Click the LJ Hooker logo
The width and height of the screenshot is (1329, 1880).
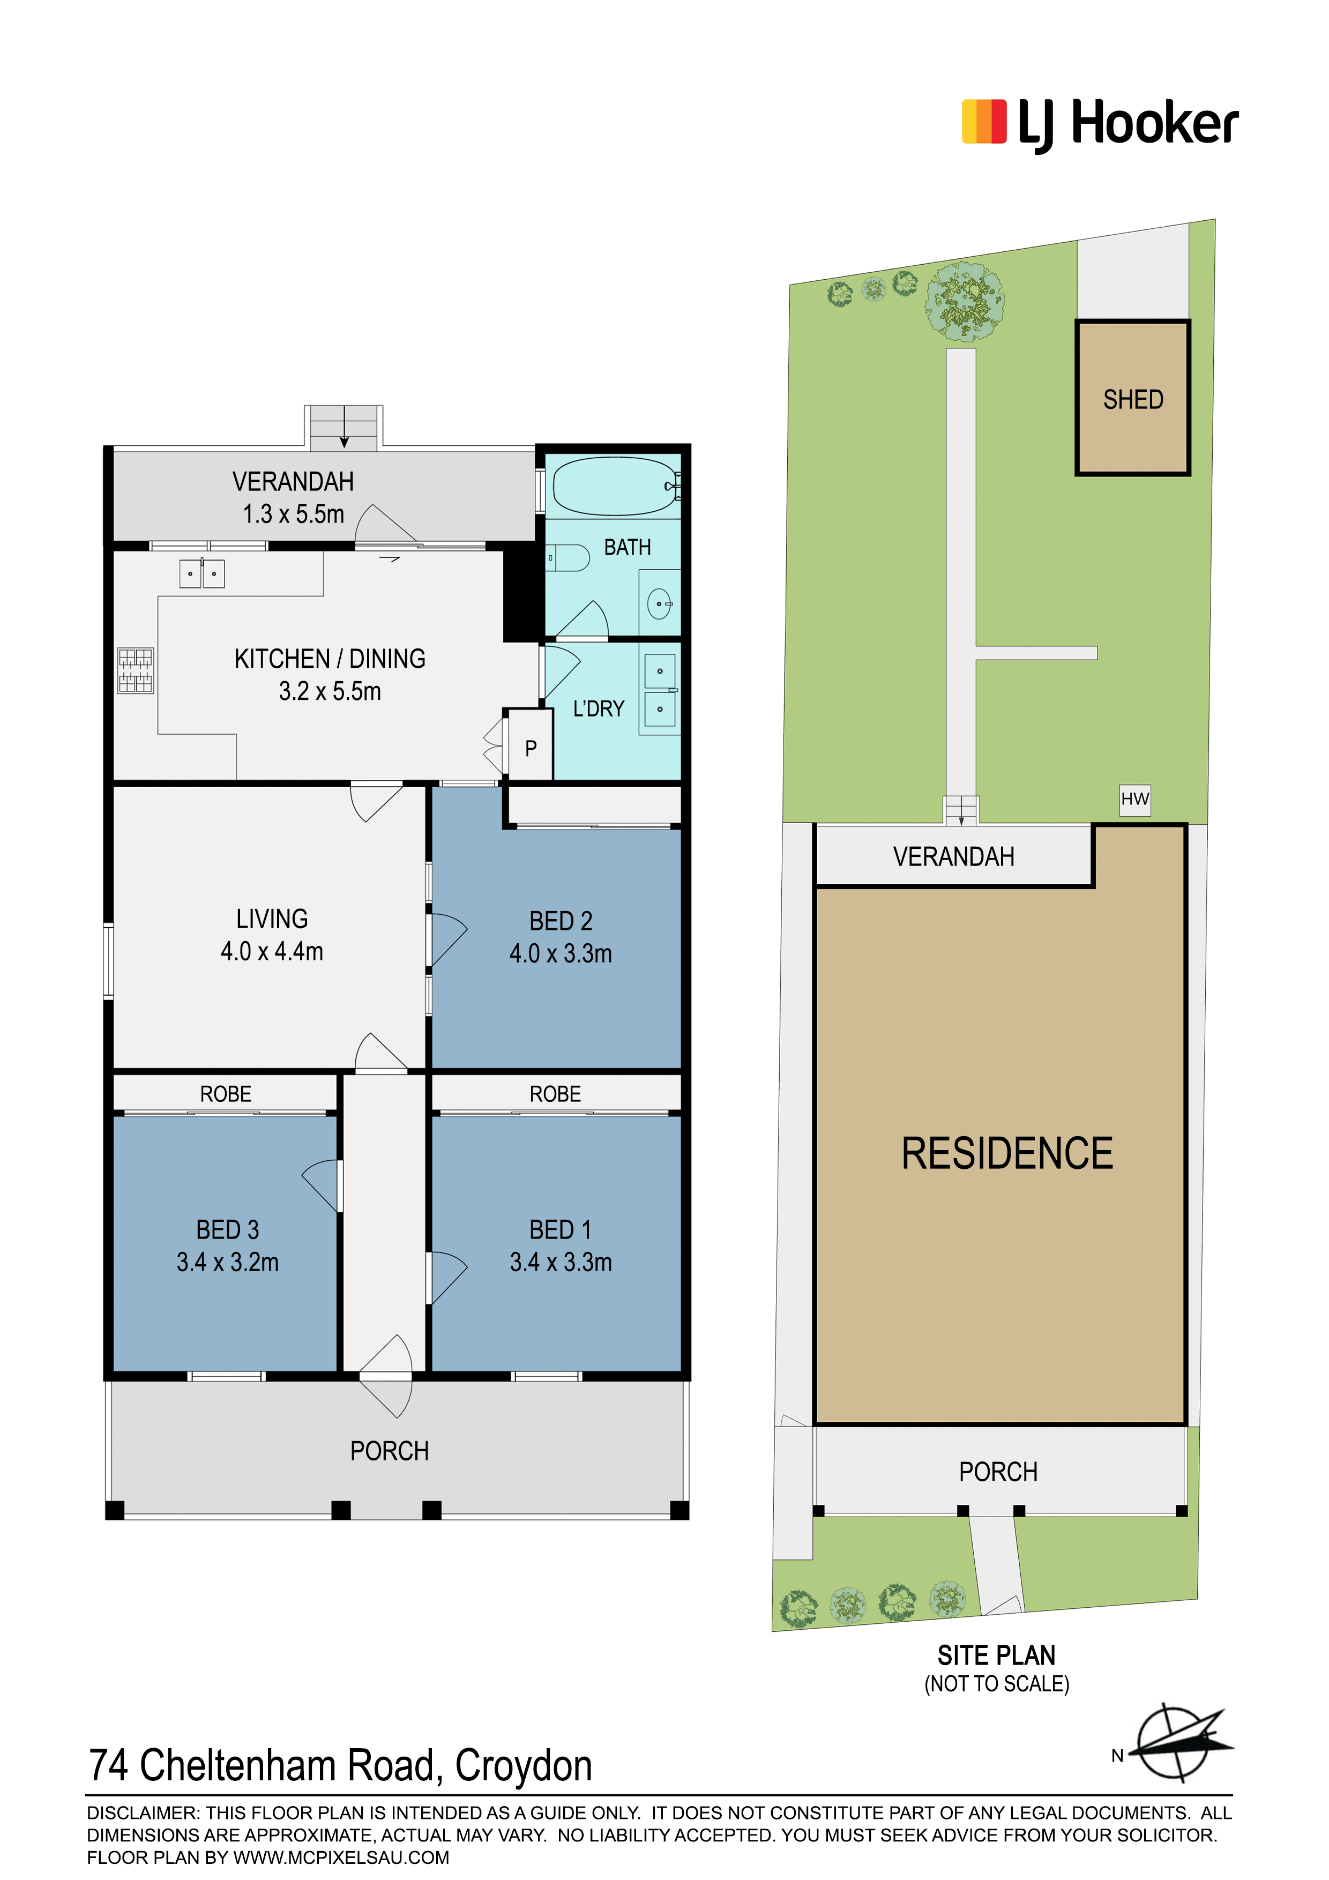[x=1099, y=124]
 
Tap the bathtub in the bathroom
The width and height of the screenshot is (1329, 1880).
[x=616, y=486]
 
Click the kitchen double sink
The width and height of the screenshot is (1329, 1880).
[x=202, y=573]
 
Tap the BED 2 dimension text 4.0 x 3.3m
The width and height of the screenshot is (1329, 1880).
[x=561, y=953]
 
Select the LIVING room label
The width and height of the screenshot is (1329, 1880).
[x=272, y=919]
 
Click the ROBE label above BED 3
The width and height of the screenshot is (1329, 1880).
[x=226, y=1094]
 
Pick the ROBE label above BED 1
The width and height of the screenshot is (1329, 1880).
[x=555, y=1094]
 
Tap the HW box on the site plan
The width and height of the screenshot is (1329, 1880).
[x=1135, y=799]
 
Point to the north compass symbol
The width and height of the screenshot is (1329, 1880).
[x=1177, y=1752]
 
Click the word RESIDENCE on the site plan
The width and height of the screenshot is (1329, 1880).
[x=1007, y=1153]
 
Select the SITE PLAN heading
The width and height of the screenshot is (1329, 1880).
[x=997, y=1655]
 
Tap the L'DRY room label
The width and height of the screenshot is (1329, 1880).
[x=599, y=708]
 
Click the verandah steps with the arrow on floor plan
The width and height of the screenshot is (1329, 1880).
[x=344, y=428]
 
